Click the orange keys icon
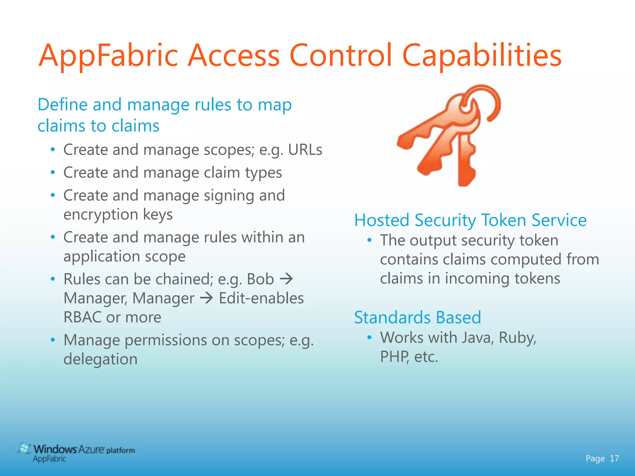click(x=450, y=135)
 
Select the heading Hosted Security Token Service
click(x=470, y=220)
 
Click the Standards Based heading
click(x=417, y=318)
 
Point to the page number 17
click(x=614, y=458)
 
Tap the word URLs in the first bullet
click(x=305, y=150)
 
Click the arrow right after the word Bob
click(x=286, y=279)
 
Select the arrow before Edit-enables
click(x=206, y=298)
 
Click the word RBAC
click(x=82, y=317)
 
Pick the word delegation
click(x=100, y=359)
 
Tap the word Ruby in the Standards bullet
click(x=517, y=338)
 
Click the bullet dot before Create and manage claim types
click(x=53, y=172)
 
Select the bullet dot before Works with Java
click(x=369, y=337)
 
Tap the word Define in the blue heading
click(x=63, y=105)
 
